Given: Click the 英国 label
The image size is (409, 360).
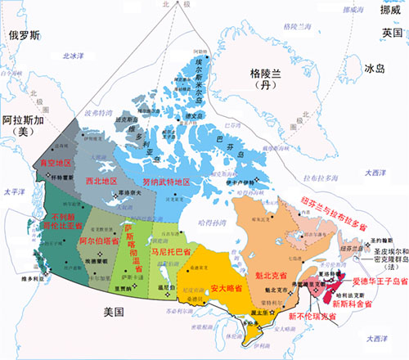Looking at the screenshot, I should pyautogui.click(x=391, y=33).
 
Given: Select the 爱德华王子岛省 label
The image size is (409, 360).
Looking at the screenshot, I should pyautogui.click(x=379, y=281).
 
